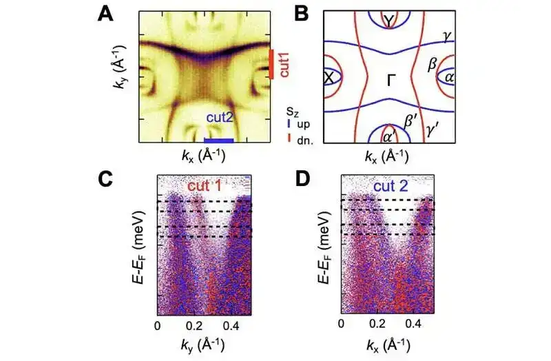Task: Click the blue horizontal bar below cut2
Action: (220, 141)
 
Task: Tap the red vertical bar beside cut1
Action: (272, 63)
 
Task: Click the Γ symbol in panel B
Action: (391, 82)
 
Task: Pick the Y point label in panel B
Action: (390, 22)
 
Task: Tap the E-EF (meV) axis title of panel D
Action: (319, 252)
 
